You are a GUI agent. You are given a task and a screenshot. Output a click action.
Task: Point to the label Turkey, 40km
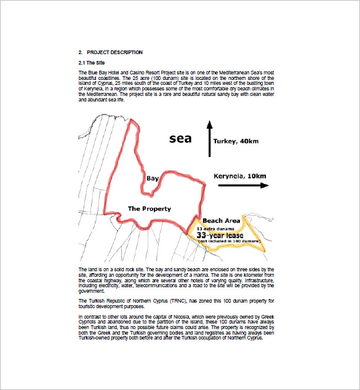click(x=236, y=141)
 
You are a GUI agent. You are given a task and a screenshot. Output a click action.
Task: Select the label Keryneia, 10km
click(x=240, y=176)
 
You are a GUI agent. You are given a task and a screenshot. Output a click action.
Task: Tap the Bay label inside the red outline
click(x=153, y=178)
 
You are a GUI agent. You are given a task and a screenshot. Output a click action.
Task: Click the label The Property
click(x=149, y=209)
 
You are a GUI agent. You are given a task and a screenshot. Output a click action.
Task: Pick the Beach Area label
click(x=222, y=220)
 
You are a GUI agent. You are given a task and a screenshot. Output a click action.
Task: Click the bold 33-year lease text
click(x=220, y=235)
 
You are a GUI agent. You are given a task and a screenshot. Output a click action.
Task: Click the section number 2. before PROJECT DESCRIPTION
click(x=81, y=52)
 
